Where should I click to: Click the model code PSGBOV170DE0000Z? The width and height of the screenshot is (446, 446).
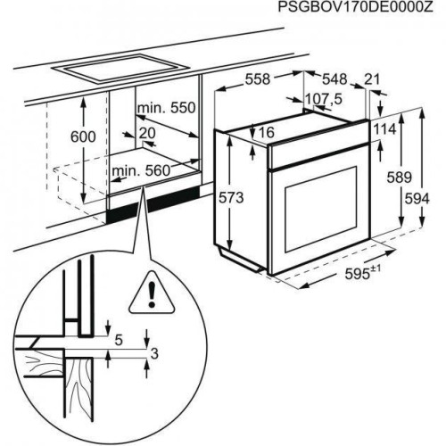[x=355, y=7]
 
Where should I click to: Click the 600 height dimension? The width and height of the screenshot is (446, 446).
[x=83, y=136]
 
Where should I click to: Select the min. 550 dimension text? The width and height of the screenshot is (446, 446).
[x=166, y=108]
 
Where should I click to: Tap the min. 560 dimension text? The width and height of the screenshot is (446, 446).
[x=141, y=171]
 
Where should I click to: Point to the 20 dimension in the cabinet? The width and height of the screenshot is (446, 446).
[x=147, y=133]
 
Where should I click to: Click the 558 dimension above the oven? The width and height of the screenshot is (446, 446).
[x=258, y=79]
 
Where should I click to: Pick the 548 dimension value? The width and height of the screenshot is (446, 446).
[x=334, y=79]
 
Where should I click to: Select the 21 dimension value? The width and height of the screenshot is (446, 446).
[x=372, y=79]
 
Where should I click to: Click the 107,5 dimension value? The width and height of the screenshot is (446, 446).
[x=324, y=99]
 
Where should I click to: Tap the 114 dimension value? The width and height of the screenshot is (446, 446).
[x=384, y=129]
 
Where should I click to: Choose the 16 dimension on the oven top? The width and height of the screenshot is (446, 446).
[x=267, y=132]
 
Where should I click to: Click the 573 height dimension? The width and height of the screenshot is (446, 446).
[x=231, y=198]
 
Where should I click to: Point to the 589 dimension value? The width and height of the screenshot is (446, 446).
[x=399, y=178]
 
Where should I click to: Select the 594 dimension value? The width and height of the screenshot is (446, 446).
[x=417, y=199]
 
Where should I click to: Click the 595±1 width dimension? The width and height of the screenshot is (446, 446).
[x=363, y=273]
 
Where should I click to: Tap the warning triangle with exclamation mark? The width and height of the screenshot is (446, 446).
[x=153, y=293]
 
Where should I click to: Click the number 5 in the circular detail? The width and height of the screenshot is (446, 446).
[x=119, y=340]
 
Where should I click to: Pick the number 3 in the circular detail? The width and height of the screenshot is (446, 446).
[x=154, y=354]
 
